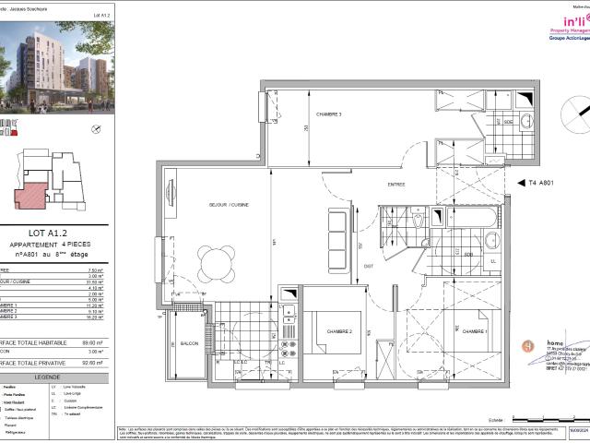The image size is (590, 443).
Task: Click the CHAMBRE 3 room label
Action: coord(329,114)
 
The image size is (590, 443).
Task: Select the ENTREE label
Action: coord(396,185)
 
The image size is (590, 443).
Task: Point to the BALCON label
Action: coord(190,343)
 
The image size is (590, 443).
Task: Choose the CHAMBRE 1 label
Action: coord(475,331)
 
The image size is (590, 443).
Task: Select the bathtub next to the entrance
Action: coord(467,218)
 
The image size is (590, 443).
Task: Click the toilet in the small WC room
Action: coord(417,221)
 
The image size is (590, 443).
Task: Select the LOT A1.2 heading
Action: coord(58,233)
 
